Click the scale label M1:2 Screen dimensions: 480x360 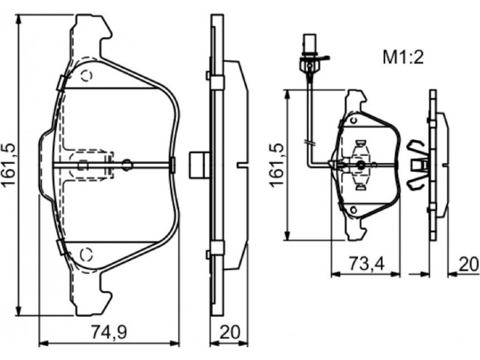coord(403,58)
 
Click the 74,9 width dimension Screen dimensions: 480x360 coord(109,332)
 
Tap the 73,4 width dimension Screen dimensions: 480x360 coord(367,264)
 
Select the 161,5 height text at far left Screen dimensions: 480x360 coord(10,164)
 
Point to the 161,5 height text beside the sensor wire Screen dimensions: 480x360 coord(277,164)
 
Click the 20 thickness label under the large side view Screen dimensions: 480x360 coord(230,332)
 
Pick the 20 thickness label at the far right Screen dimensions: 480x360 coord(469,264)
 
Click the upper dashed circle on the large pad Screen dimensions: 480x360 coord(86,76)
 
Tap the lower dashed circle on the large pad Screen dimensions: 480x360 coord(86,254)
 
